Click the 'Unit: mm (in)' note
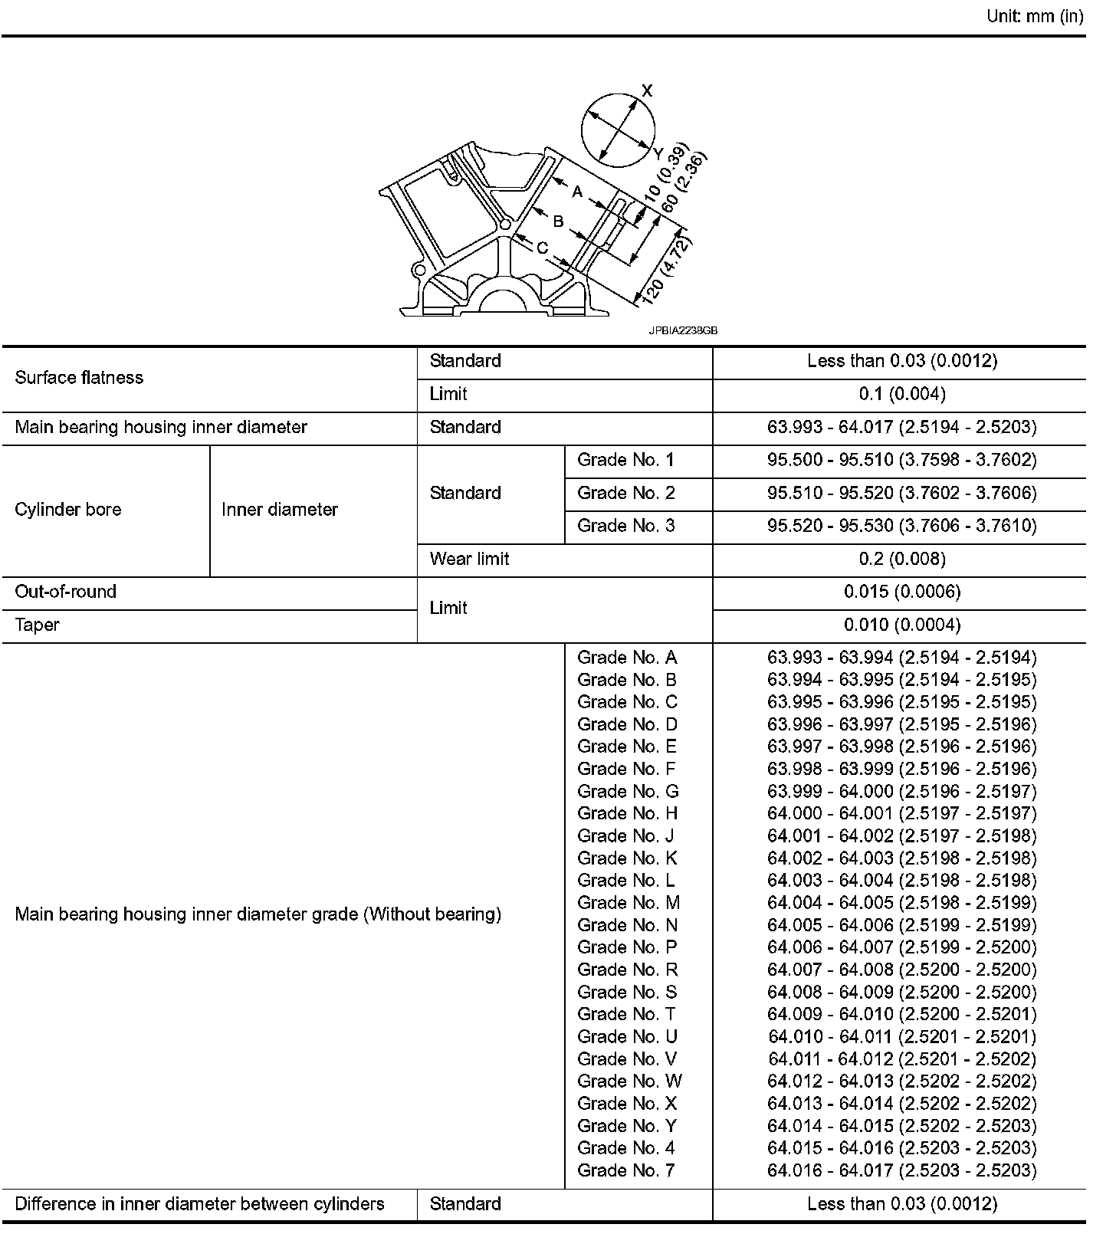tap(1034, 16)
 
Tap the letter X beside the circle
tap(647, 90)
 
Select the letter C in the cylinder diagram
tap(542, 248)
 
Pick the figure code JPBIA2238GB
tap(683, 331)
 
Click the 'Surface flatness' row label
tap(79, 378)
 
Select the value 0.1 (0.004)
tap(902, 394)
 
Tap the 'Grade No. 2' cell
tap(625, 493)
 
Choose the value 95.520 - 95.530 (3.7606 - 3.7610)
tap(901, 526)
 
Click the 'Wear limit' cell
tap(469, 559)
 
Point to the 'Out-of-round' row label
tap(66, 592)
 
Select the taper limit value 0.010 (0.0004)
tap(902, 625)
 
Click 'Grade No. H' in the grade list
tap(627, 813)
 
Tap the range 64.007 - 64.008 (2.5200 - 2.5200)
tap(901, 970)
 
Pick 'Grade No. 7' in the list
tap(625, 1170)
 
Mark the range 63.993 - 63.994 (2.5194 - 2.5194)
tap(901, 658)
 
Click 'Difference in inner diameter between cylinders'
tap(199, 1204)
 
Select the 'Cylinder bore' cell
tap(68, 510)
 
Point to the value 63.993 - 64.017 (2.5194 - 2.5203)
tap(901, 427)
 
